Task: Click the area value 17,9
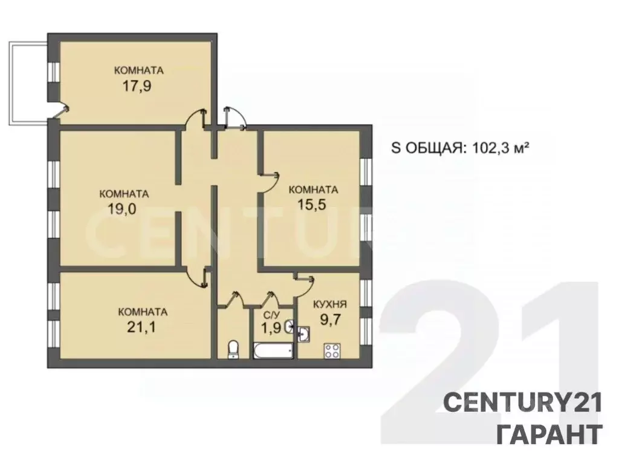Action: [x=137, y=85]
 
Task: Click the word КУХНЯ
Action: [x=329, y=305]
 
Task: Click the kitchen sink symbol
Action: [x=304, y=332]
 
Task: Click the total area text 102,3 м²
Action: [x=483, y=148]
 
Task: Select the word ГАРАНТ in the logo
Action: [x=549, y=434]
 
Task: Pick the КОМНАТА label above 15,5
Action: [x=313, y=190]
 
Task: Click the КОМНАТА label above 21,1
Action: [x=143, y=312]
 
